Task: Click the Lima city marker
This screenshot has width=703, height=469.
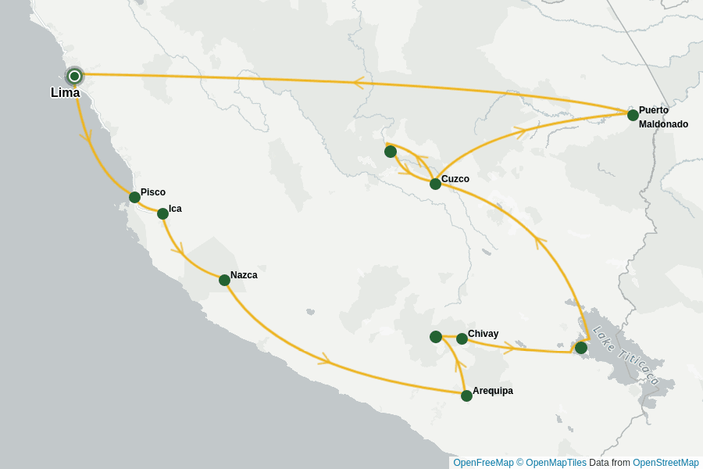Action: click(74, 76)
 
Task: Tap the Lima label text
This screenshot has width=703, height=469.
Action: click(65, 93)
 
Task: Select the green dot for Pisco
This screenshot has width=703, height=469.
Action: click(134, 197)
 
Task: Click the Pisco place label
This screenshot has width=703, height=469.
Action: click(153, 192)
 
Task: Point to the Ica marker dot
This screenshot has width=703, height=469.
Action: click(162, 213)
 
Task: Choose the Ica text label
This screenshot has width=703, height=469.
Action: click(175, 209)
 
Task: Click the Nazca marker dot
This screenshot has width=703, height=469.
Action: click(224, 280)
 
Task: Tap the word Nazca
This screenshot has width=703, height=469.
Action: click(244, 275)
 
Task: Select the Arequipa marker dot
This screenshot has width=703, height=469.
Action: click(466, 396)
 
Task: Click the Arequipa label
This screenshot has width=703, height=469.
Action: click(493, 391)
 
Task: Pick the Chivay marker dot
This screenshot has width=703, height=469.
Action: click(462, 338)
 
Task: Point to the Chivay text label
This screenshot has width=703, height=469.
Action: click(483, 334)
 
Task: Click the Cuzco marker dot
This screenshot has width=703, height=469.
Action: click(435, 184)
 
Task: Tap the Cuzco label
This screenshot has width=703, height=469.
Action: click(455, 179)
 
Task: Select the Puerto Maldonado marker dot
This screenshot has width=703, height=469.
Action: click(633, 115)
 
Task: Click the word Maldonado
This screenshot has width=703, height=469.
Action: click(663, 124)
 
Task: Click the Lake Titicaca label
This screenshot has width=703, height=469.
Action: click(626, 356)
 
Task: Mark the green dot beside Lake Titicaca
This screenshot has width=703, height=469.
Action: click(581, 347)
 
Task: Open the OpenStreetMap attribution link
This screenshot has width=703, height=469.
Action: click(666, 463)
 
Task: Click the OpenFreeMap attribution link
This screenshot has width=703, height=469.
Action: click(482, 463)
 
